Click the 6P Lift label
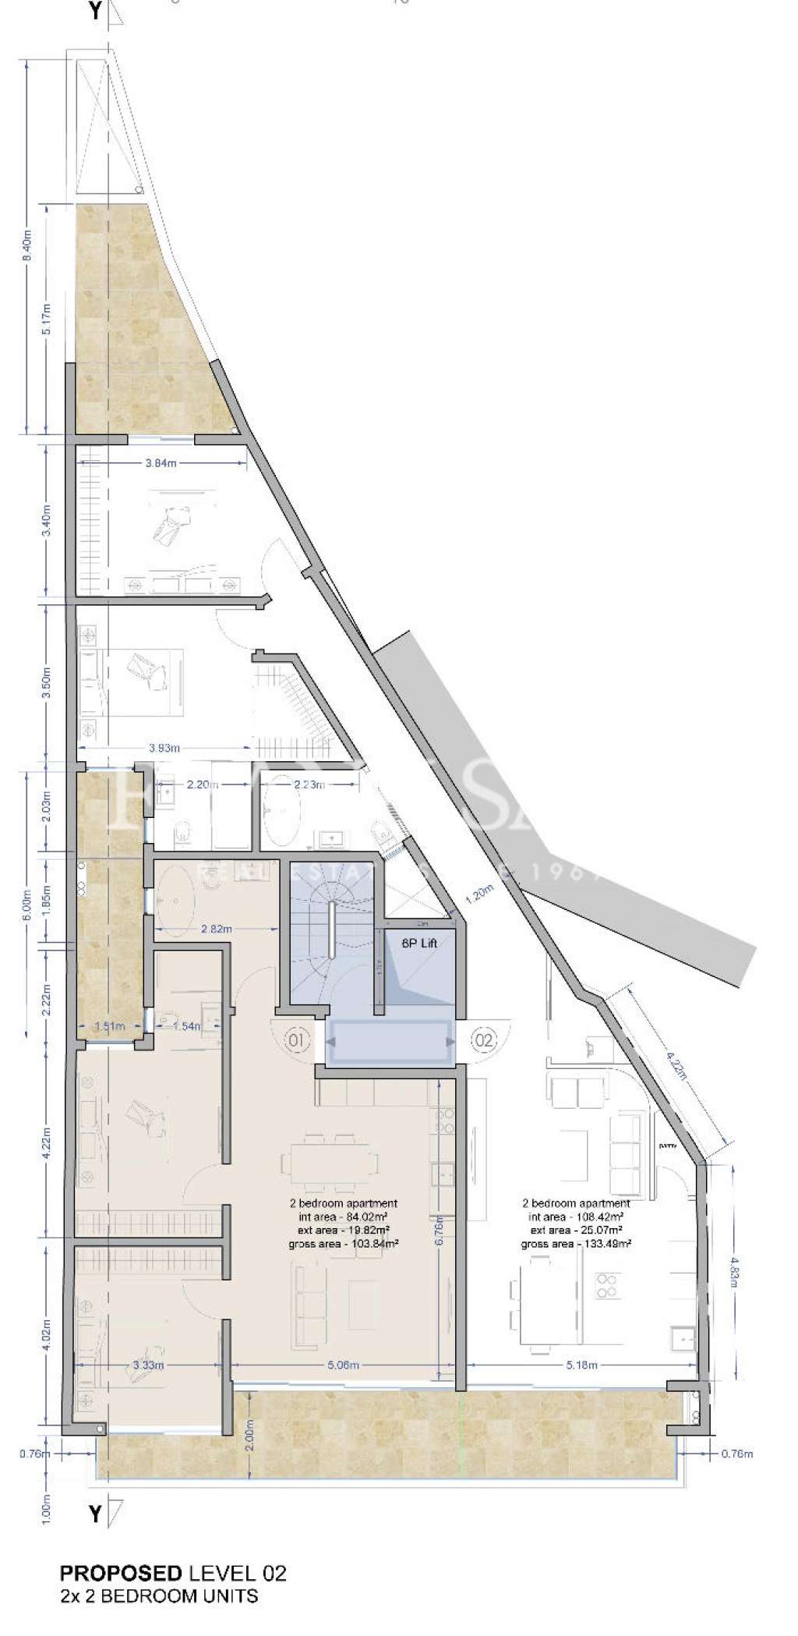click(418, 943)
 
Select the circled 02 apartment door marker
click(484, 1039)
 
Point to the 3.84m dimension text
click(161, 463)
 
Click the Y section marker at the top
click(95, 12)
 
